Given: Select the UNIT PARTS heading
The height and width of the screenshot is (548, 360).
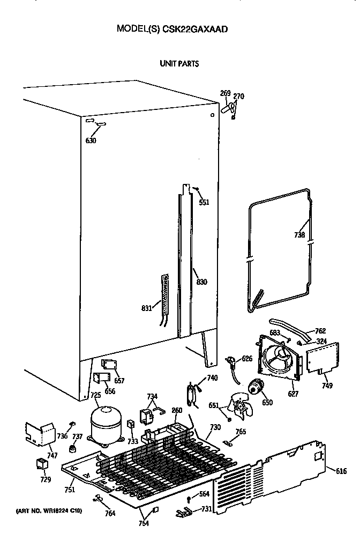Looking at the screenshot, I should tap(179, 64).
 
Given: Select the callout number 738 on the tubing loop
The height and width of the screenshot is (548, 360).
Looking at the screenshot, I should tap(299, 235).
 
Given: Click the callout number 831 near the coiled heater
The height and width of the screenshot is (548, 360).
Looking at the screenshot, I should tap(146, 308).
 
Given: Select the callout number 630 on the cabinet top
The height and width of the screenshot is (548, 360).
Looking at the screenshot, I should tap(91, 142).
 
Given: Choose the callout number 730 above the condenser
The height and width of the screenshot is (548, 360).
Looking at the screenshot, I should tap(215, 427).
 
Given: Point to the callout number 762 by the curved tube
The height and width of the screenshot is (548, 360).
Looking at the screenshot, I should tap(320, 331).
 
